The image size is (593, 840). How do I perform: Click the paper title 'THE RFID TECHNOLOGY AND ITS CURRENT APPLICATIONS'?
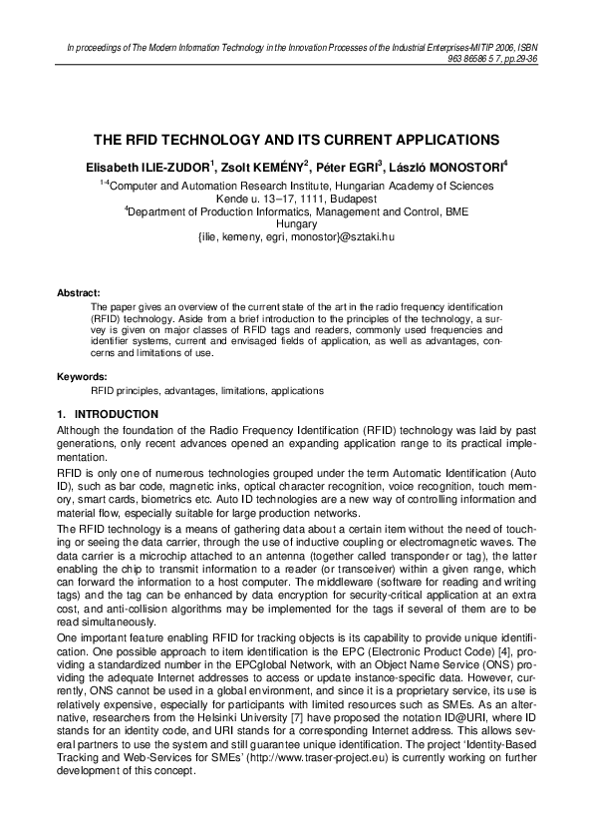click(x=296, y=141)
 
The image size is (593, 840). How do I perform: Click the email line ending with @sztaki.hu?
click(x=297, y=238)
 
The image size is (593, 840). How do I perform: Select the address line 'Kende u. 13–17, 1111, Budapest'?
click(x=296, y=200)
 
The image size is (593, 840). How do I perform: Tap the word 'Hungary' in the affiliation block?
click(x=296, y=225)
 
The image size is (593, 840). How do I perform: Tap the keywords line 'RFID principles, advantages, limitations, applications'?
click(x=207, y=390)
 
